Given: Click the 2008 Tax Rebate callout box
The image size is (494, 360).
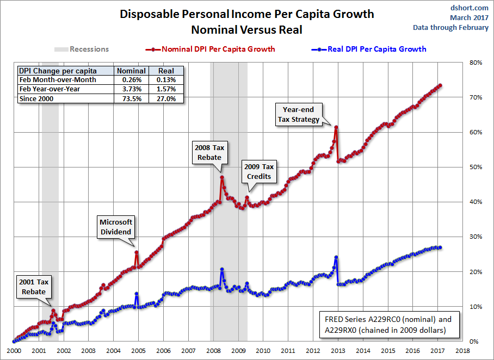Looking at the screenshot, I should pyautogui.click(x=209, y=152).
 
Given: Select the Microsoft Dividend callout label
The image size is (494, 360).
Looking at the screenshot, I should pyautogui.click(x=115, y=227).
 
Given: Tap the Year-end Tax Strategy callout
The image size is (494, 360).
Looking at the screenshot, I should pyautogui.click(x=299, y=115).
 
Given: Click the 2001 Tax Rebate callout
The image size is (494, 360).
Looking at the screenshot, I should pyautogui.click(x=34, y=287).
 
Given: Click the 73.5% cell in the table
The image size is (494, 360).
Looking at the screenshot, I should pyautogui.click(x=131, y=98).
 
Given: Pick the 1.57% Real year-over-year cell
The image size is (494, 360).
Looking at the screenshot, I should pyautogui.click(x=166, y=89).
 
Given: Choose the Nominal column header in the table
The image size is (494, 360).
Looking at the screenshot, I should pyautogui.click(x=131, y=71).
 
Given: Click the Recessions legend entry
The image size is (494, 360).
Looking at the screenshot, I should pyautogui.click(x=82, y=49).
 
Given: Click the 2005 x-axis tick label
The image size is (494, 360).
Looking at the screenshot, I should pyautogui.click(x=138, y=351).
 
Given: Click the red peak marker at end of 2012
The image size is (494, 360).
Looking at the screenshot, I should pyautogui.click(x=336, y=127).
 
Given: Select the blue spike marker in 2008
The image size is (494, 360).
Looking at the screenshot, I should pyautogui.click(x=222, y=269).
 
